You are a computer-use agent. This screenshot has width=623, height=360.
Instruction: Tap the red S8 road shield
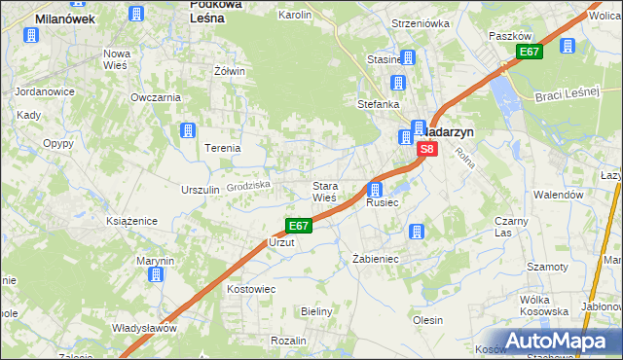click(426, 150)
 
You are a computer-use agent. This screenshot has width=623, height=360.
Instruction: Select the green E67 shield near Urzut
click(298, 226)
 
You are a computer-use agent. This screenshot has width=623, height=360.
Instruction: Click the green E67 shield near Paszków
click(529, 52)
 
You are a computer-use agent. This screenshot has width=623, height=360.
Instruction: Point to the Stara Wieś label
click(324, 192)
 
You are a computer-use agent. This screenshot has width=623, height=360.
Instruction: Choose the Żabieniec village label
click(375, 259)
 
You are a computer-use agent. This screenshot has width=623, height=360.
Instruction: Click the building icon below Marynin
click(156, 275)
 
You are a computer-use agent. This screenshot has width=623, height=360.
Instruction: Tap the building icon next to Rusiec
click(375, 189)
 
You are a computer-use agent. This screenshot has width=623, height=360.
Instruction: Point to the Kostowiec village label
click(251, 290)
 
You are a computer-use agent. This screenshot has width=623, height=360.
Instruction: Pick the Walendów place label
click(559, 195)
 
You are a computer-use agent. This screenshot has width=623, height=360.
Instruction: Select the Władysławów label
click(144, 328)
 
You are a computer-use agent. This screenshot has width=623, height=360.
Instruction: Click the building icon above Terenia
click(189, 130)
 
